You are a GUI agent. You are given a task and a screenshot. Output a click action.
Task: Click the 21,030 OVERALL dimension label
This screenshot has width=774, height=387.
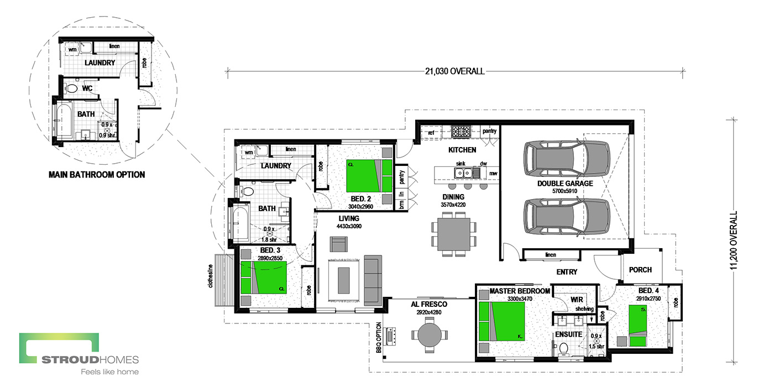tap(454, 71)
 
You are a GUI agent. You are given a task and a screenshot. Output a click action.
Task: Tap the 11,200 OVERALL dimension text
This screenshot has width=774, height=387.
tap(734, 240)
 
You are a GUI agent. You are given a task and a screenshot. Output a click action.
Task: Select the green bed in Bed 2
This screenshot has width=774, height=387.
tap(369, 176)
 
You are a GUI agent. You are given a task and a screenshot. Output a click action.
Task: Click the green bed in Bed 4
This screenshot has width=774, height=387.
tap(637, 326)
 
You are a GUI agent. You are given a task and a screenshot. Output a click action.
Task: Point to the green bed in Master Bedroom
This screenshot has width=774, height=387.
tap(501, 321)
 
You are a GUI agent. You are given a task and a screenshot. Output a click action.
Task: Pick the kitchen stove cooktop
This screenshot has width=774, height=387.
tap(461, 132)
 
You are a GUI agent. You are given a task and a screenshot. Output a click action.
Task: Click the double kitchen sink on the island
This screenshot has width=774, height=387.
tap(463, 172)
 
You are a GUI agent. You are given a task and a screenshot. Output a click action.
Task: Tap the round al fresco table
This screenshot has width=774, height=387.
tap(430, 335)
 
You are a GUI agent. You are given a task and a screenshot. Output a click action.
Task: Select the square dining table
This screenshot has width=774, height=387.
tap(454, 234)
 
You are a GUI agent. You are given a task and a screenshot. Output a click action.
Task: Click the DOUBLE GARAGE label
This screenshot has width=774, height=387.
tap(565, 184)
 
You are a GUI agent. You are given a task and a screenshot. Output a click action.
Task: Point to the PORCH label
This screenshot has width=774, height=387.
tap(640, 270)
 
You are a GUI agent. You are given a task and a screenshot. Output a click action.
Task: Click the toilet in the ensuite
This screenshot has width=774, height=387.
tap(563, 348)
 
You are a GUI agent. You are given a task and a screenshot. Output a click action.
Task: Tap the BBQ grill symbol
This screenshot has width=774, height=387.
tap(391, 336)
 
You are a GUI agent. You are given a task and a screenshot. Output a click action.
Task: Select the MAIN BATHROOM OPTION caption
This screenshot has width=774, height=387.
tap(97, 175)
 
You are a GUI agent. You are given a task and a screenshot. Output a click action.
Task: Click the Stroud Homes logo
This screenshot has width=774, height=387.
tap(79, 354)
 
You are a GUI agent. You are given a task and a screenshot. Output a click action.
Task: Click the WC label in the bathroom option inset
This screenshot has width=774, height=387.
tap(87, 88)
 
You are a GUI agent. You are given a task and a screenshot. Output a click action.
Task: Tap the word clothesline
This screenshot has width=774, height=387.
tap(211, 276)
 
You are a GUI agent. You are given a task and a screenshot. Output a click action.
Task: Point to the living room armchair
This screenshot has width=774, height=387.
tap(338, 244)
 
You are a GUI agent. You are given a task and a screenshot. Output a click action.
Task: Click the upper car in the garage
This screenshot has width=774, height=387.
tap(567, 159)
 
